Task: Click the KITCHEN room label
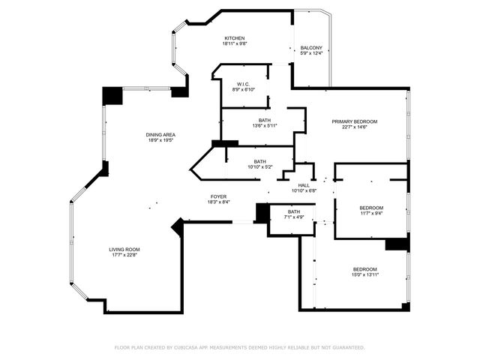pyautogui.click(x=235, y=38)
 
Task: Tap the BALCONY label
pyautogui.click(x=311, y=46)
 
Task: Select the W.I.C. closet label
pyautogui.click(x=243, y=84)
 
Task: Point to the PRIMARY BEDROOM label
pyautogui.click(x=355, y=121)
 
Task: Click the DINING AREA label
pyautogui.click(x=160, y=134)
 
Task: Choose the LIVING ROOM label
pyautogui.click(x=124, y=250)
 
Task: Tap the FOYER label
pyautogui.click(x=218, y=196)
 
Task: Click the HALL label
pyautogui.click(x=304, y=185)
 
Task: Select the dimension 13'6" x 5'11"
pyautogui.click(x=265, y=126)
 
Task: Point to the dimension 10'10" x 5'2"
pyautogui.click(x=259, y=166)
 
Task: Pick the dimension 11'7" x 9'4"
pyautogui.click(x=371, y=213)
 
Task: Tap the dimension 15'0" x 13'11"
pyautogui.click(x=365, y=274)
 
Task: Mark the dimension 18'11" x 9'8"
pyautogui.click(x=234, y=43)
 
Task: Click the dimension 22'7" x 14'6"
pyautogui.click(x=355, y=127)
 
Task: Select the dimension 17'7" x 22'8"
pyautogui.click(x=124, y=255)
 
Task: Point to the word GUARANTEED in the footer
pyautogui.click(x=347, y=347)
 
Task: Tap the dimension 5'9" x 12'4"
pyautogui.click(x=311, y=52)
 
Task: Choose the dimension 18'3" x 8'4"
pyautogui.click(x=218, y=202)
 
